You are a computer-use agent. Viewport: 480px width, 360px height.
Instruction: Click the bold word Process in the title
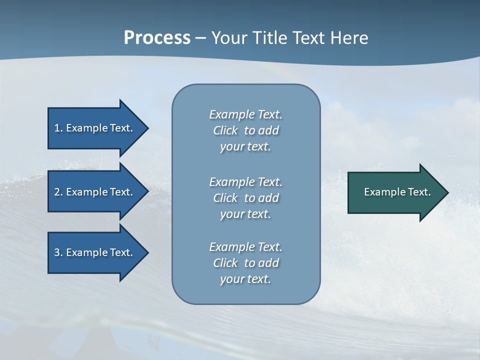coord(157,38)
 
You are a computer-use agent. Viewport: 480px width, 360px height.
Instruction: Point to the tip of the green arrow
coord(447,192)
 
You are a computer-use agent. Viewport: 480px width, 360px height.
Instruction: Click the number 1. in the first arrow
coord(58,128)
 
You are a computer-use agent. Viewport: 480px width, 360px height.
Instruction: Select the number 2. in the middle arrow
coord(58,192)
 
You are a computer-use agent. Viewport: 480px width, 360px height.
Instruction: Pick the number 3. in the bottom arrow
coord(58,253)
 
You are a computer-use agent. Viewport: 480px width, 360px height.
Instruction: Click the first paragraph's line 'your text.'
coord(245,147)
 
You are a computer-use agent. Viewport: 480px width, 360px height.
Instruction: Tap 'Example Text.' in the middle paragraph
coord(245,182)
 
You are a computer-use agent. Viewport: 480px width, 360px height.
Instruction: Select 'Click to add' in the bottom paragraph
coord(245,263)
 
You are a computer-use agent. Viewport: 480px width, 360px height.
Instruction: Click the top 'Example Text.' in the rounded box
coord(245,115)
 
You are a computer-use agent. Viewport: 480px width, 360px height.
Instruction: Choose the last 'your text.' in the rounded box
coord(245,279)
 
